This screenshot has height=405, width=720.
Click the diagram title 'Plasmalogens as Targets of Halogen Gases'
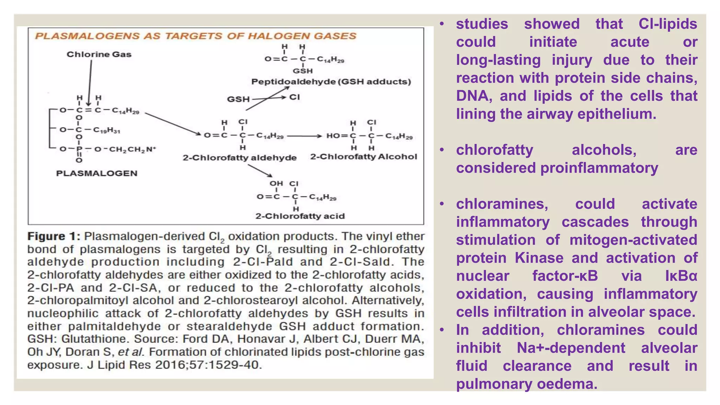(195, 36)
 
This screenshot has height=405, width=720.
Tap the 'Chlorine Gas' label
(99, 54)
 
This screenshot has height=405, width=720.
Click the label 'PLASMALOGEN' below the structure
(97, 173)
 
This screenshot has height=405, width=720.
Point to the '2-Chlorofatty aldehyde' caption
(239, 158)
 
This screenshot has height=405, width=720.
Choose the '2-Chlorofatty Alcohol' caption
(364, 157)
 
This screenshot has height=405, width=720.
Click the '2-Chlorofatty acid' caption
(300, 216)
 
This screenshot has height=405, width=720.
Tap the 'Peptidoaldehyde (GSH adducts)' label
(331, 82)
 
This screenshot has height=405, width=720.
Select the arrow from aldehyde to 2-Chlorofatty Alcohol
(304, 136)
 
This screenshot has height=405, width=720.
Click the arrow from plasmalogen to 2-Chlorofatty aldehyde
(173, 123)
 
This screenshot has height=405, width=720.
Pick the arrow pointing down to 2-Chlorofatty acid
(260, 171)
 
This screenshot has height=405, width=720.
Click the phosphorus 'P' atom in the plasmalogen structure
(79, 149)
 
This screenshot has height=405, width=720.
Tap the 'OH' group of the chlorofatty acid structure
(276, 184)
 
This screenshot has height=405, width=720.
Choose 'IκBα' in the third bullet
(681, 276)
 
